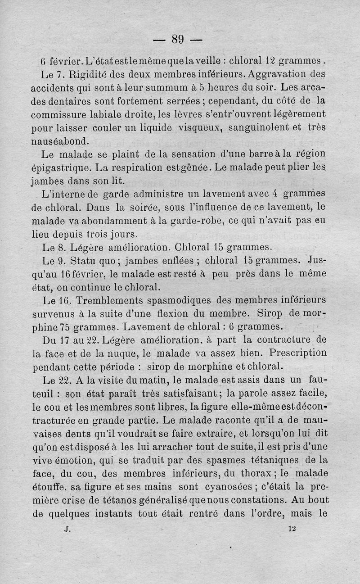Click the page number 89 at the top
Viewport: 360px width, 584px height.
coord(178,40)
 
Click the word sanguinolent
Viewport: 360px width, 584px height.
coord(261,127)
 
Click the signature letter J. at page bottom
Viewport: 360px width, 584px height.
coord(68,529)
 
